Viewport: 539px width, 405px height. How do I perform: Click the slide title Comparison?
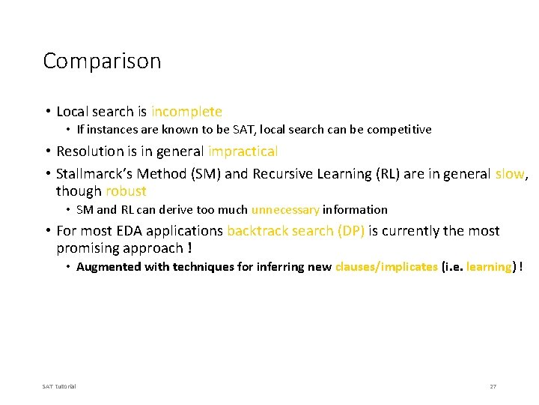[102, 61]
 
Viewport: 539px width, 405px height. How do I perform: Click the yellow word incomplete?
[186, 112]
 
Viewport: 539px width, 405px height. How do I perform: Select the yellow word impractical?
[243, 151]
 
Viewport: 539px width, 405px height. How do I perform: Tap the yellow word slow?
[510, 174]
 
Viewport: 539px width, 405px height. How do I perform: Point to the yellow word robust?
[126, 190]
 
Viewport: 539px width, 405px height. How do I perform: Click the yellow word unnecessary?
[285, 210]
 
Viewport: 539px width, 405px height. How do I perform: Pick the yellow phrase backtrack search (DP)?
[296, 231]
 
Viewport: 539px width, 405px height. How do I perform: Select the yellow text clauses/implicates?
[386, 267]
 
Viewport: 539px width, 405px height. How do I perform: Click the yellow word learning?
[489, 267]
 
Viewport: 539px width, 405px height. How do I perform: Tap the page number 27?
[493, 386]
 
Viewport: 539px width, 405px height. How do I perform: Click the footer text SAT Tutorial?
[59, 386]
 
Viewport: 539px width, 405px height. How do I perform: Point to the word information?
[355, 210]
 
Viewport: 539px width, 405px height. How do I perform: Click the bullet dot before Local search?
[47, 112]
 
